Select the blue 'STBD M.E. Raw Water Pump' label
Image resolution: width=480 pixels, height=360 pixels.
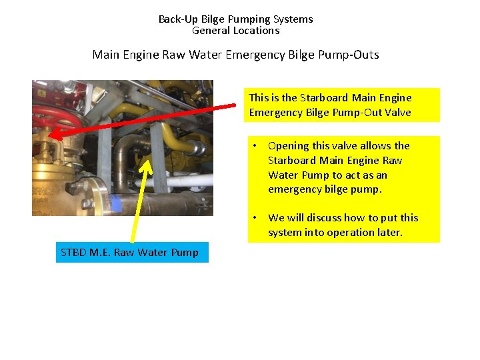pyautogui.click(x=131, y=252)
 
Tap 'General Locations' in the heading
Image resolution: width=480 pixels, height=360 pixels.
pyautogui.click(x=235, y=31)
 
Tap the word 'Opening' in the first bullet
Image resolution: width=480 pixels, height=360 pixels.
pyautogui.click(x=287, y=146)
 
